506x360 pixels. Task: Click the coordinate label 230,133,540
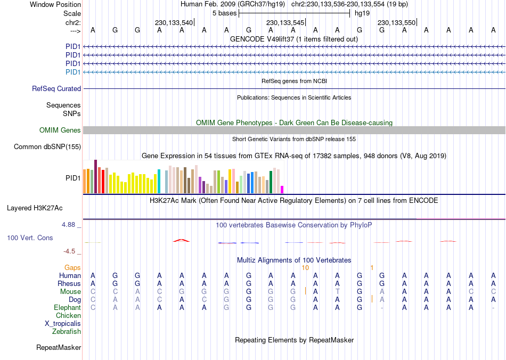point(174,23)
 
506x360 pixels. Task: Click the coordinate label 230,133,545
point(285,23)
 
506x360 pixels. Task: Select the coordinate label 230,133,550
point(396,23)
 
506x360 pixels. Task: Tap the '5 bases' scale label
point(222,13)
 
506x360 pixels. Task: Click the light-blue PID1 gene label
point(73,72)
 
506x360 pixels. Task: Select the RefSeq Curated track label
point(56,89)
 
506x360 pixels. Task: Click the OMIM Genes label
point(60,130)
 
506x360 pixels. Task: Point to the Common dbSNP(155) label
point(47,146)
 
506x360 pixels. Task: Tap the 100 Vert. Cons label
point(30,238)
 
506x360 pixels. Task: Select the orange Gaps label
point(73,267)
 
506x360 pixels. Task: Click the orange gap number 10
point(305,267)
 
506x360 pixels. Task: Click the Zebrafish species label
point(67,332)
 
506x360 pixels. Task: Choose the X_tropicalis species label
point(63,324)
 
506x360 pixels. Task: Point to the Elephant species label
point(68,308)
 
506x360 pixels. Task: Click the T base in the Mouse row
point(337,292)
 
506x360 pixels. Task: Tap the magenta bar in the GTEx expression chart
point(282,189)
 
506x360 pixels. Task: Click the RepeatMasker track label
point(59,348)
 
